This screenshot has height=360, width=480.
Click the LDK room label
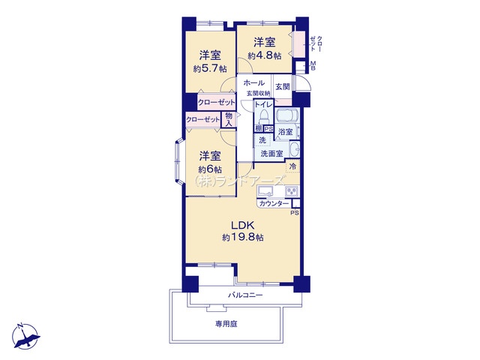tap(242, 226)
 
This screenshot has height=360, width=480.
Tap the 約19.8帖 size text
tap(243, 238)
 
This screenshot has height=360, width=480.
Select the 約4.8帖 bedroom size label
tap(265, 56)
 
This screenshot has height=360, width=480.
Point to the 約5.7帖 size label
tap(210, 68)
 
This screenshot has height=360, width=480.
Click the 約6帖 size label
tap(210, 169)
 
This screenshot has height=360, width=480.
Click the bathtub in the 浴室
tap(287, 116)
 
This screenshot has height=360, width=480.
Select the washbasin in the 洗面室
tap(295, 149)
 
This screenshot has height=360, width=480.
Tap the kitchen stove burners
tap(292, 191)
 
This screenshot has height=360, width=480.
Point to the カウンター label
tap(274, 203)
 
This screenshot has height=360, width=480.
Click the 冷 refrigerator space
tap(292, 167)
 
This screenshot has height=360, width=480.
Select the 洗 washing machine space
tap(262, 140)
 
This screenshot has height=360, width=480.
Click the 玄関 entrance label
tap(282, 87)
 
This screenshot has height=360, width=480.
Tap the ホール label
tap(254, 82)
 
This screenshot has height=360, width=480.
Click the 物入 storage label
tap(228, 119)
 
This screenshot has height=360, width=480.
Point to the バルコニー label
tap(245, 295)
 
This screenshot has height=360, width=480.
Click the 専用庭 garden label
tap(226, 324)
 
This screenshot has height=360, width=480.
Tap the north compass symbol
tap(25, 336)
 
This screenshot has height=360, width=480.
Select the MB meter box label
tap(313, 65)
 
